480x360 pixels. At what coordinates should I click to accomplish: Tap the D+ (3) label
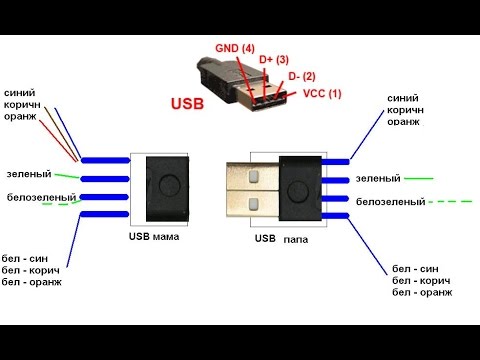click(x=274, y=60)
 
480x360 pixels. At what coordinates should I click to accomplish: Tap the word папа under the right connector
click(x=296, y=240)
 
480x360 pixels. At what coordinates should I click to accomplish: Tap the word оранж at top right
click(x=402, y=123)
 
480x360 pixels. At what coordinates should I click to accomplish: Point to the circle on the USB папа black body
click(x=302, y=191)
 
